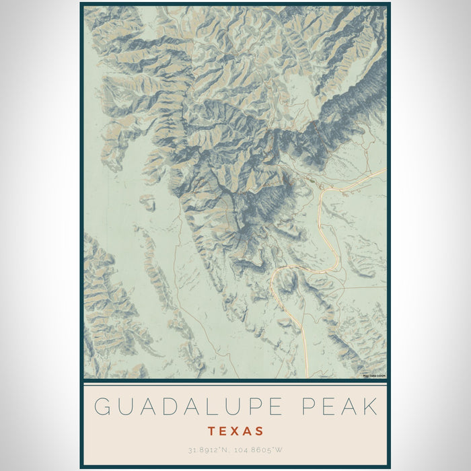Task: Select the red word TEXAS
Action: (235, 431)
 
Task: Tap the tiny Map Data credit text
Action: (374, 375)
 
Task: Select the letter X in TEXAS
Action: (235, 431)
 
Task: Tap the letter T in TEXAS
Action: (211, 431)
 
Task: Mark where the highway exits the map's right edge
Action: (386, 170)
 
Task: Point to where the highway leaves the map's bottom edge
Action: (307, 377)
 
